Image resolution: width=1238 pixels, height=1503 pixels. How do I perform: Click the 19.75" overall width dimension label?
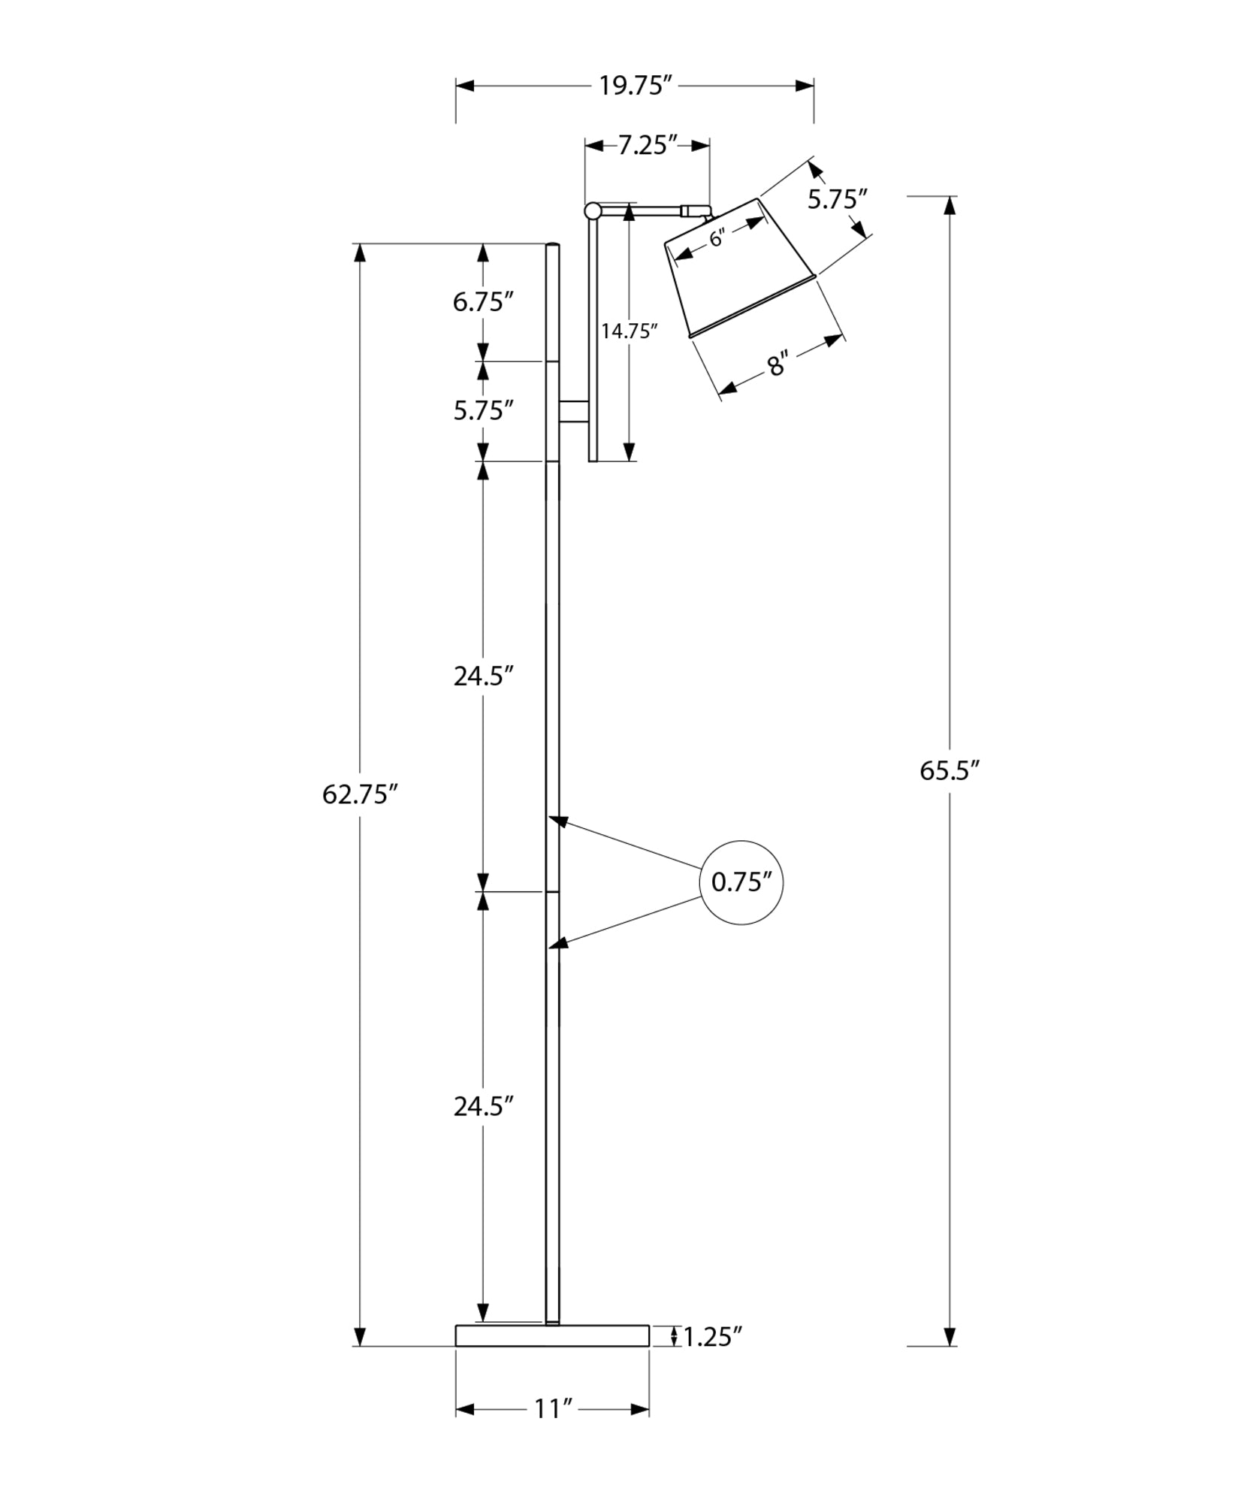(634, 86)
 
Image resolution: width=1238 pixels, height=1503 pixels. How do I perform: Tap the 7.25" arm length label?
(647, 145)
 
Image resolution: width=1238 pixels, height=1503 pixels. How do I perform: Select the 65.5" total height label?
(950, 771)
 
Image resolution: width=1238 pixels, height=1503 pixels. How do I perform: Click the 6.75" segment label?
(482, 302)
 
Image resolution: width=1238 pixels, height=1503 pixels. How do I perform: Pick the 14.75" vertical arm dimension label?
(630, 331)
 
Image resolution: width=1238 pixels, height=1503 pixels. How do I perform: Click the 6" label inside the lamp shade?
(716, 238)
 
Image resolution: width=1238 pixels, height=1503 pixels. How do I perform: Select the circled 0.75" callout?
(741, 882)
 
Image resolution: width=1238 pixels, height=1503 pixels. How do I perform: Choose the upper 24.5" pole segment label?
(482, 676)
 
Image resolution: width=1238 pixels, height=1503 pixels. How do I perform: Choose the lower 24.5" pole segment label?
(482, 1106)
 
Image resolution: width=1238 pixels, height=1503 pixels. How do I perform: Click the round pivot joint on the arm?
(593, 210)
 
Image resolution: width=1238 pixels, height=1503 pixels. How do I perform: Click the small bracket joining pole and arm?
(574, 411)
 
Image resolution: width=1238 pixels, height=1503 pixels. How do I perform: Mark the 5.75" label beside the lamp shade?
(837, 199)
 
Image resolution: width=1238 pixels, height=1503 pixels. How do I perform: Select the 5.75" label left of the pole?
(482, 410)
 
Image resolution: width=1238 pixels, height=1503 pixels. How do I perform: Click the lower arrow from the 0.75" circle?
(631, 921)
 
